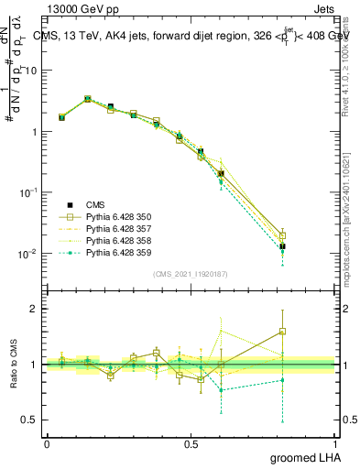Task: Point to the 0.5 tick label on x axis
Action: [x=191, y=443]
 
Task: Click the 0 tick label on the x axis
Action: [x=47, y=443]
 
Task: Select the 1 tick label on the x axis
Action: [x=335, y=443]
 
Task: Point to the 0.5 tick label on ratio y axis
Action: [x=31, y=420]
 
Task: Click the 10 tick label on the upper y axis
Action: [x=31, y=71]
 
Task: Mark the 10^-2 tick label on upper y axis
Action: [x=27, y=254]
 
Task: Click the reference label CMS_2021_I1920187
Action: [x=191, y=274]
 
